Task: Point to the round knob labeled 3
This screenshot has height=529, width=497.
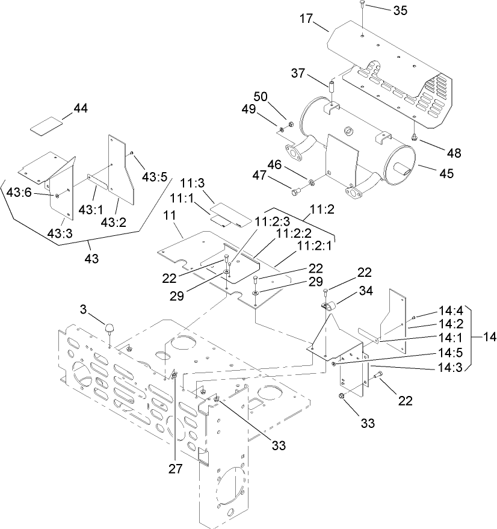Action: click(110, 329)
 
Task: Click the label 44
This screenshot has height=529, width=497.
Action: click(81, 108)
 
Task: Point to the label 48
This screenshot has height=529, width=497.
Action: click(454, 153)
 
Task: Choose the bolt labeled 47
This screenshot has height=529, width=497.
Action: click(295, 193)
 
